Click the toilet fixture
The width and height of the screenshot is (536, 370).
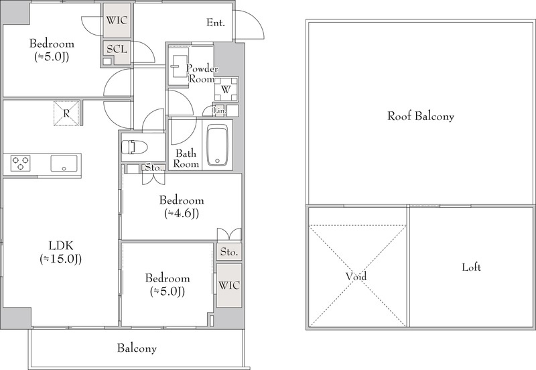pyautogui.click(x=134, y=147)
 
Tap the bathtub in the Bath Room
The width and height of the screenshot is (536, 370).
pyautogui.click(x=217, y=145)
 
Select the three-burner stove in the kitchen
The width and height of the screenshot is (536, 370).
pyautogui.click(x=21, y=163)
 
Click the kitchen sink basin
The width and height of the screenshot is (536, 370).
pyautogui.click(x=64, y=163)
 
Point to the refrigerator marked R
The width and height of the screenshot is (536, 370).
pyautogui.click(x=66, y=113)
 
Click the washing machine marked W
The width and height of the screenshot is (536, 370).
pyautogui.click(x=226, y=90)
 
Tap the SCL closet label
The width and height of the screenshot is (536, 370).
pyautogui.click(x=117, y=49)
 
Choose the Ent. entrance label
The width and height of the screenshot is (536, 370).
pyautogui.click(x=216, y=23)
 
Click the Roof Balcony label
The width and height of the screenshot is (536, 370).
pyautogui.click(x=421, y=116)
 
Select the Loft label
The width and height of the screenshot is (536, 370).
pyautogui.click(x=472, y=267)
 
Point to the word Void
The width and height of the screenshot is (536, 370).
pyautogui.click(x=356, y=276)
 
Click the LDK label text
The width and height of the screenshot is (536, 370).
pyautogui.click(x=61, y=245)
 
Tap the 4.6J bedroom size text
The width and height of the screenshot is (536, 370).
pyautogui.click(x=182, y=213)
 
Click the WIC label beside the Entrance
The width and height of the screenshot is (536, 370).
pyautogui.click(x=117, y=21)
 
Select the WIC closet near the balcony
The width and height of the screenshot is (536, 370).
pyautogui.click(x=229, y=285)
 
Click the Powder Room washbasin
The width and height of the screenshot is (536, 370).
pyautogui.click(x=178, y=66)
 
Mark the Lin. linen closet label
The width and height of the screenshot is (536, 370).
pyautogui.click(x=220, y=111)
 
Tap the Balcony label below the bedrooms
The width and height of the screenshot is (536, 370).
pyautogui.click(x=137, y=349)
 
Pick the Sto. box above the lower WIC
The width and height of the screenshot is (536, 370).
pyautogui.click(x=229, y=252)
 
